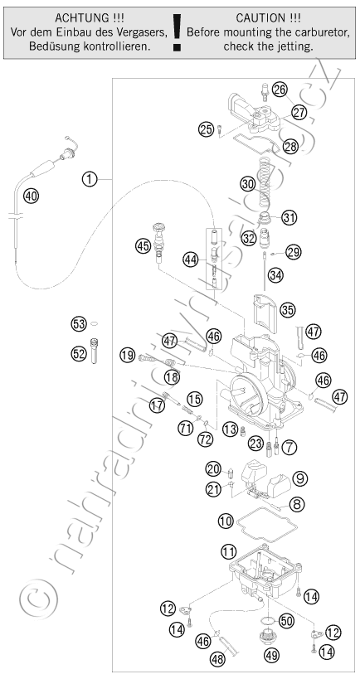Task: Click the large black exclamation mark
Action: (177, 33)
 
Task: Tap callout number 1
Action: (90, 179)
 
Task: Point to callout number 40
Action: (31, 196)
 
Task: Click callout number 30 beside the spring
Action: (248, 184)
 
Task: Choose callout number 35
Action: (288, 309)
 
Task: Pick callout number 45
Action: (143, 246)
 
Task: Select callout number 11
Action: (228, 551)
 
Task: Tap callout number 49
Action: (273, 655)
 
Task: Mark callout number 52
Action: (79, 354)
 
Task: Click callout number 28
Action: (290, 147)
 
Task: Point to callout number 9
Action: (299, 478)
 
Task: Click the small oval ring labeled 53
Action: (95, 323)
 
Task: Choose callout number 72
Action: (205, 439)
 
